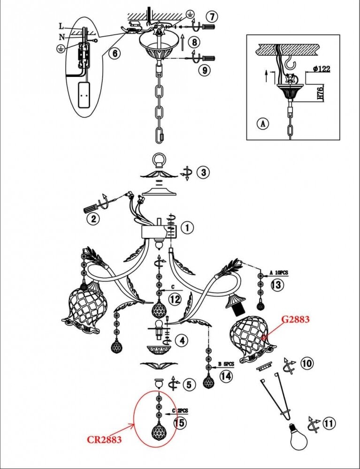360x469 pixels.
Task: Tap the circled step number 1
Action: [x=186, y=228]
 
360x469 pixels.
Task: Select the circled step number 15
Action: [x=179, y=423]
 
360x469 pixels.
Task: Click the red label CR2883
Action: [x=104, y=440]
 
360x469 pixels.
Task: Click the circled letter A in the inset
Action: [x=263, y=124]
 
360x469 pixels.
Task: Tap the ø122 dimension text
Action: [x=321, y=69]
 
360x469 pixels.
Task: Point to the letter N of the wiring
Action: [x=61, y=36]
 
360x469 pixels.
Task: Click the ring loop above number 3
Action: [x=160, y=162]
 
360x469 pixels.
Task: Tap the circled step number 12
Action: [x=174, y=299]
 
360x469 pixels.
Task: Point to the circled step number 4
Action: [x=180, y=339]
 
